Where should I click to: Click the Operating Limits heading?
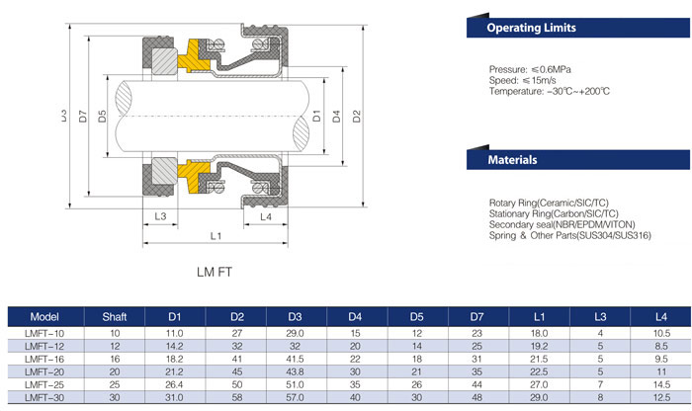532,30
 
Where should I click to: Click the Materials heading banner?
513,159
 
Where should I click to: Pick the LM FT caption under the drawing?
216,269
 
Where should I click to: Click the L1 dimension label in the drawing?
216,235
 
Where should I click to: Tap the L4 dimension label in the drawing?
265,215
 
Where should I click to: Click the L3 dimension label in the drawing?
160,215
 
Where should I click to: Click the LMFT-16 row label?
39,357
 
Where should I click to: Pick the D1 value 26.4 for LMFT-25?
175,382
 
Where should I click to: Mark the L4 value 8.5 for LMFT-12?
660,345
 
